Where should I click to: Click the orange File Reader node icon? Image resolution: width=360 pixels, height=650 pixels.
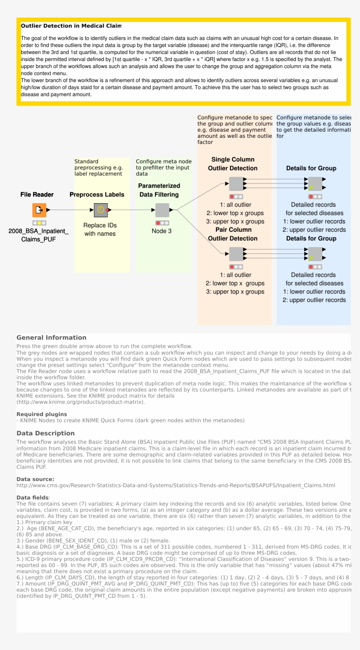click(39, 210)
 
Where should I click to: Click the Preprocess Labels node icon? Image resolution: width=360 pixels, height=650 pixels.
click(101, 210)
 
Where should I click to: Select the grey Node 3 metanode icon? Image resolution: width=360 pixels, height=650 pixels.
click(162, 210)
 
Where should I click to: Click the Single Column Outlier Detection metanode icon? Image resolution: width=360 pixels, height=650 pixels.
click(236, 184)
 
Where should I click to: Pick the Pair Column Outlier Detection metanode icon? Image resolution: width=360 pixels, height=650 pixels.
click(236, 254)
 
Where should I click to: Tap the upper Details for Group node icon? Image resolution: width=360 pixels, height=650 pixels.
click(315, 184)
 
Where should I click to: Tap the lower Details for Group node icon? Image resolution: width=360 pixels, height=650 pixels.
click(315, 254)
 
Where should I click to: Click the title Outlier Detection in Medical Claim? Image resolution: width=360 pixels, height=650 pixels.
click(71, 26)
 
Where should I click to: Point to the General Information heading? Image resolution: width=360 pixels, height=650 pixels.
click(51, 338)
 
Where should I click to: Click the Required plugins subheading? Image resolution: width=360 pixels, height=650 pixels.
click(42, 414)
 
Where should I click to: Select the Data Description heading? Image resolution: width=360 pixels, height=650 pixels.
click(46, 433)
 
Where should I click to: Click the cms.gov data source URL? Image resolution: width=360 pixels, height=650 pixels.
click(176, 485)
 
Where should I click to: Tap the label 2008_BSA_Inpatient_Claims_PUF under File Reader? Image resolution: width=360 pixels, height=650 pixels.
click(39, 235)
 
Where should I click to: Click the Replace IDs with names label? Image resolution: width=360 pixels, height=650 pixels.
click(100, 230)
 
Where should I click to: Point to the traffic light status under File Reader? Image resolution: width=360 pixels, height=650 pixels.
click(39, 223)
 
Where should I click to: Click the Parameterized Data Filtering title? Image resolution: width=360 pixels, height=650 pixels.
click(159, 190)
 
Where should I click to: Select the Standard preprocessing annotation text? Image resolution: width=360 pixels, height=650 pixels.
click(98, 168)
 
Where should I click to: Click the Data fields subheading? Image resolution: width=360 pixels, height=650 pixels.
click(32, 498)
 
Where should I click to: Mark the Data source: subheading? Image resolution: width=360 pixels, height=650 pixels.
click(35, 479)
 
